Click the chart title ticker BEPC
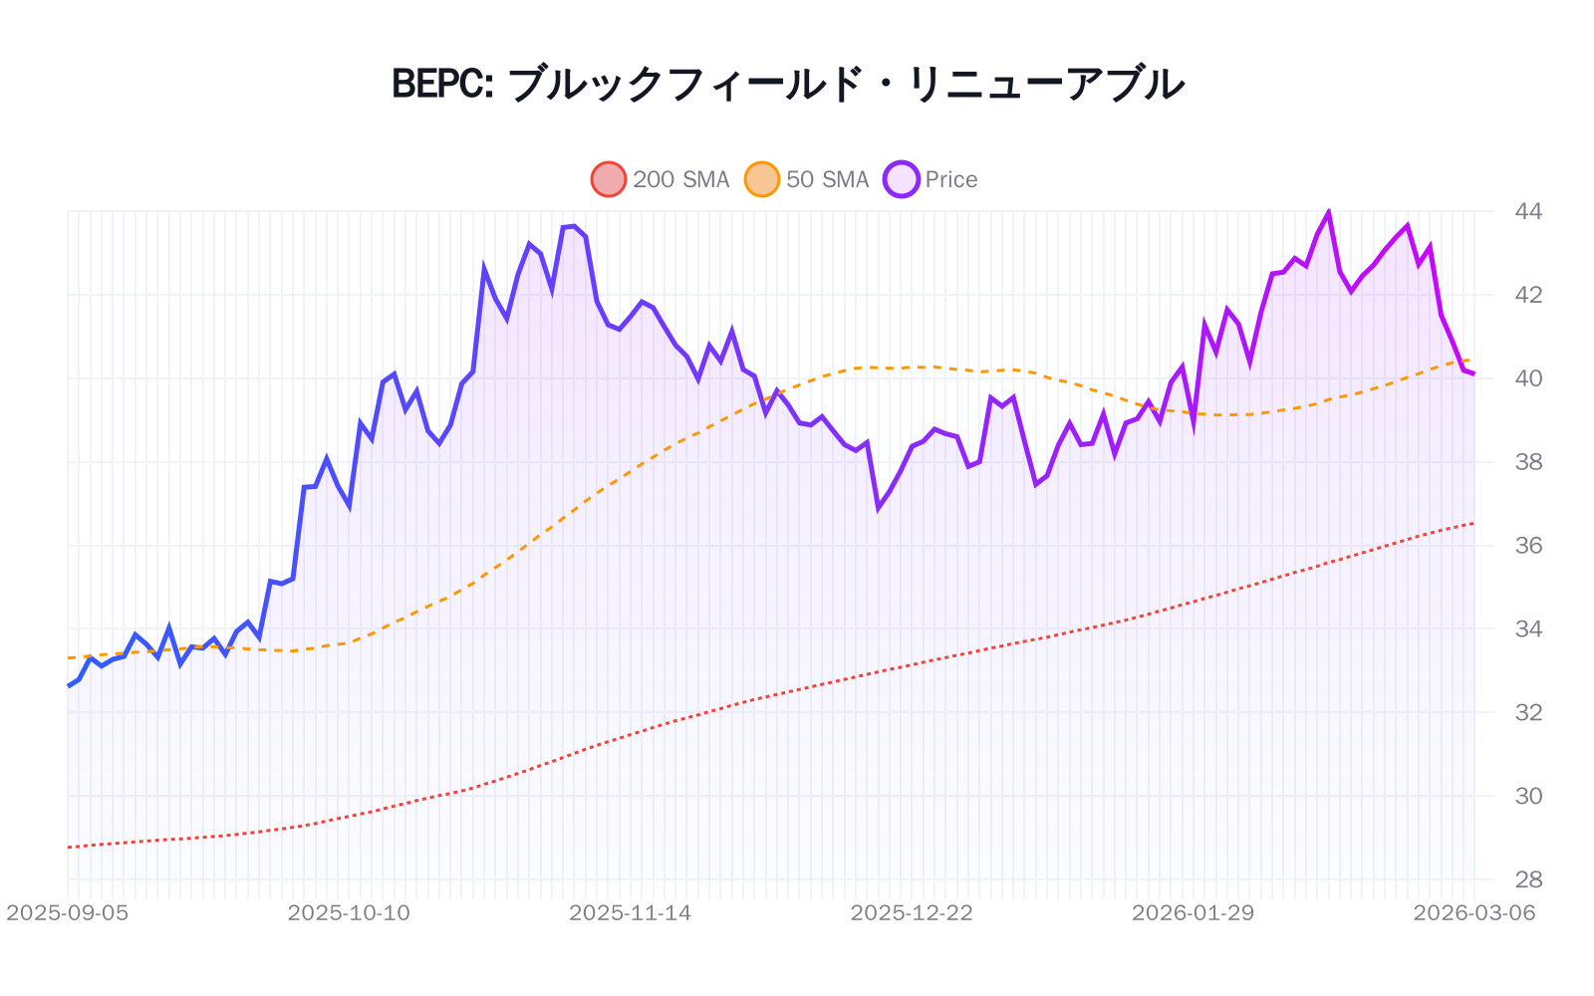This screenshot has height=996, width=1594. point(441,84)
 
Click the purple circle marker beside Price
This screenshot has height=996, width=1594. point(902,179)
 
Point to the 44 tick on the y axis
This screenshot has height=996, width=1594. point(1527,211)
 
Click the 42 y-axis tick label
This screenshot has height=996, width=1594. point(1527,295)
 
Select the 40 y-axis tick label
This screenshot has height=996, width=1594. point(1527,378)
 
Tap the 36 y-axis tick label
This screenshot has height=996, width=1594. point(1527,546)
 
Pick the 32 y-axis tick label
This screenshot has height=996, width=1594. point(1527,713)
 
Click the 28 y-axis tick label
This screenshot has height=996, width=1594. point(1527,879)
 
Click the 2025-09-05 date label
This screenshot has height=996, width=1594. point(68,913)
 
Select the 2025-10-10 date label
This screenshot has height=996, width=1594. point(349,913)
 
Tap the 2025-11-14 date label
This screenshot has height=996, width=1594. point(630,913)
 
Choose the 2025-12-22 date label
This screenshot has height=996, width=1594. point(912,913)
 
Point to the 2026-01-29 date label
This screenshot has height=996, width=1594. point(1193,913)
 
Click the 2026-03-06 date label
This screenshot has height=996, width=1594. point(1473,913)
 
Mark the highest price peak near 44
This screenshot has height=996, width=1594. point(1328,212)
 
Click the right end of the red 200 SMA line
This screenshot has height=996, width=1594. point(1473,523)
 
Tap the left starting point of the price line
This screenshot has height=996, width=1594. point(69,685)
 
